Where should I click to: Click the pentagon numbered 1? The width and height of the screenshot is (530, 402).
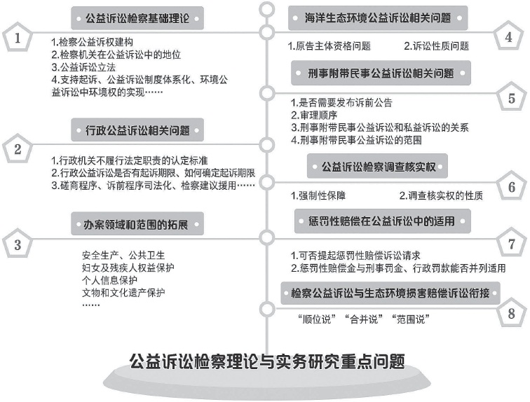point(18,37)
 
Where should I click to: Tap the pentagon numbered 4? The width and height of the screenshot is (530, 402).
point(508,36)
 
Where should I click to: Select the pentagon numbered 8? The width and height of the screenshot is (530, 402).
point(511,312)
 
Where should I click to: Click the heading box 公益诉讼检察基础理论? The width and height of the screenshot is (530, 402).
point(137,18)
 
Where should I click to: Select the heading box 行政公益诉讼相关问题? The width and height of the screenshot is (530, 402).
point(137,130)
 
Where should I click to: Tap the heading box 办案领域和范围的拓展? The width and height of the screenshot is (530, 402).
point(137,224)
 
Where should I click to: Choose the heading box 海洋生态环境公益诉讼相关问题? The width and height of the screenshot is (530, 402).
point(378,18)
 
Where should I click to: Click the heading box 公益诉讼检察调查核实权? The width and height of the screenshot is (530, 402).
point(377,166)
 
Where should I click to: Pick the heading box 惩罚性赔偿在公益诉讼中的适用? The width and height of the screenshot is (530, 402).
point(383,221)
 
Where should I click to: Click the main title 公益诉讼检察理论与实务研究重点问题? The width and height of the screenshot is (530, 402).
point(267,361)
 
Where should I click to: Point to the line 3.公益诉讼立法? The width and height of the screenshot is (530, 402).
point(83,67)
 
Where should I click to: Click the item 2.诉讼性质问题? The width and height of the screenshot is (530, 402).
point(436,46)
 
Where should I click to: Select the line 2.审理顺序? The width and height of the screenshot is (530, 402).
point(314,115)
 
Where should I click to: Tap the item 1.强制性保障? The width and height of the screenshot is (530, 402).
point(318,195)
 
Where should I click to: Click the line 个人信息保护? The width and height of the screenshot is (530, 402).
point(109,280)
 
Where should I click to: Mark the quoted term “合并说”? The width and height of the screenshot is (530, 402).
point(363,319)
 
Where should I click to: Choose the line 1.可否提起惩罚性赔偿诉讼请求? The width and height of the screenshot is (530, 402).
point(355,255)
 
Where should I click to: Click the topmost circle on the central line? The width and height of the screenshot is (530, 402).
point(267,9)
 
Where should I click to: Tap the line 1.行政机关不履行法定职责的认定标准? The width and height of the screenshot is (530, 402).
point(130,160)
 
